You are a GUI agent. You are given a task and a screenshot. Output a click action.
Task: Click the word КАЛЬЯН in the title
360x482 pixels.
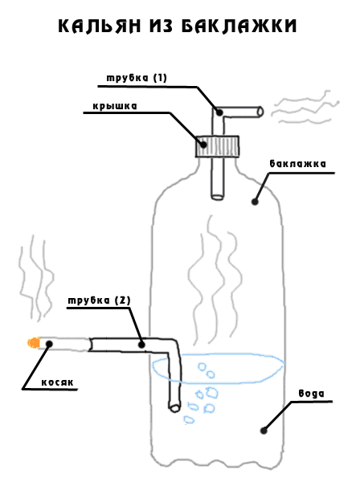[100, 26]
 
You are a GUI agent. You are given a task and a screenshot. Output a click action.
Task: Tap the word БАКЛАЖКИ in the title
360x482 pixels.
[239, 26]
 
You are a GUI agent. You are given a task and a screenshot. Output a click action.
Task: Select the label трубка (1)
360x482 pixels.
[137, 78]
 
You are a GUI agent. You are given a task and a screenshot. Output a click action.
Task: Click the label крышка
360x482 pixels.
[115, 106]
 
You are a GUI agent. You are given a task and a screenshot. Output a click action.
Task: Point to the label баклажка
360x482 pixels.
[297, 164]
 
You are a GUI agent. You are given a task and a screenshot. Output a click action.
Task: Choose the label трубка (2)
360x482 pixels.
[99, 300]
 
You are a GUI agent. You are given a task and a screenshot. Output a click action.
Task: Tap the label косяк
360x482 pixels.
[58, 382]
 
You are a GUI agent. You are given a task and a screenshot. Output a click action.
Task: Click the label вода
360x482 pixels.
[312, 394]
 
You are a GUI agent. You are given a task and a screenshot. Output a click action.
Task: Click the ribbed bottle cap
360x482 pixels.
[217, 146]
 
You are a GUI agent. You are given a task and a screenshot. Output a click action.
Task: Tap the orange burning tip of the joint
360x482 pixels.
[34, 342]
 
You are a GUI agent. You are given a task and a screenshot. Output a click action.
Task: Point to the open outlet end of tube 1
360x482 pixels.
[260, 112]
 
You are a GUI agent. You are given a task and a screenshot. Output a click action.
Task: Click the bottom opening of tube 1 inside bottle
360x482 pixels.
[217, 197]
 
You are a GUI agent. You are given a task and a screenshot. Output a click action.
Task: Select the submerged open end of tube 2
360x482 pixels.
[174, 408]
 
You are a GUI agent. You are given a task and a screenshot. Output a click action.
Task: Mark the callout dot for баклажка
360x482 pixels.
[255, 202]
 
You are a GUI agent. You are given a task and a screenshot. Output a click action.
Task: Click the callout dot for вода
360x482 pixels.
[264, 431]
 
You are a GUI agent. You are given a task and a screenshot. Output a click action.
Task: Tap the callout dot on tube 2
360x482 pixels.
[141, 345]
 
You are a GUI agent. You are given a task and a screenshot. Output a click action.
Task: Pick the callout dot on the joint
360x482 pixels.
[49, 344]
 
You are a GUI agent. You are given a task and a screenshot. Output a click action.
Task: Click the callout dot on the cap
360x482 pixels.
[203, 144]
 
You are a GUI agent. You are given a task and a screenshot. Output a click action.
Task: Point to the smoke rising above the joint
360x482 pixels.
[36, 279]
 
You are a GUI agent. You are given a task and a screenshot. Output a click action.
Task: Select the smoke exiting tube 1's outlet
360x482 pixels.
[305, 108]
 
